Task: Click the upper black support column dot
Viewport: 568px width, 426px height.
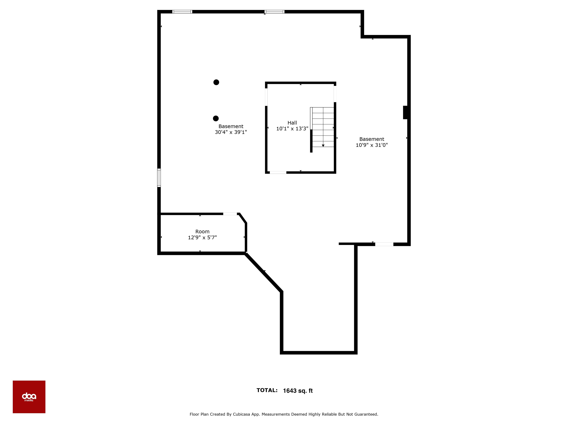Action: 216,82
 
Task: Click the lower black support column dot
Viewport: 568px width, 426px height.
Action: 216,118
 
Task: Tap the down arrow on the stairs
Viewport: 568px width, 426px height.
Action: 323,145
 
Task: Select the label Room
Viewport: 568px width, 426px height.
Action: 202,232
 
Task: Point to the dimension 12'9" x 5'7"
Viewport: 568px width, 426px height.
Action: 202,238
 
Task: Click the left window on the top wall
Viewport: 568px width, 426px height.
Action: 182,12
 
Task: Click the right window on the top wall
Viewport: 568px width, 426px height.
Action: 274,12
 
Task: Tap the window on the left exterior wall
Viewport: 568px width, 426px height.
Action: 159,178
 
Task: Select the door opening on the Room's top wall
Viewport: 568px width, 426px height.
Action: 230,214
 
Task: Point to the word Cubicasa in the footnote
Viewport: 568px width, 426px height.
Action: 241,414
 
